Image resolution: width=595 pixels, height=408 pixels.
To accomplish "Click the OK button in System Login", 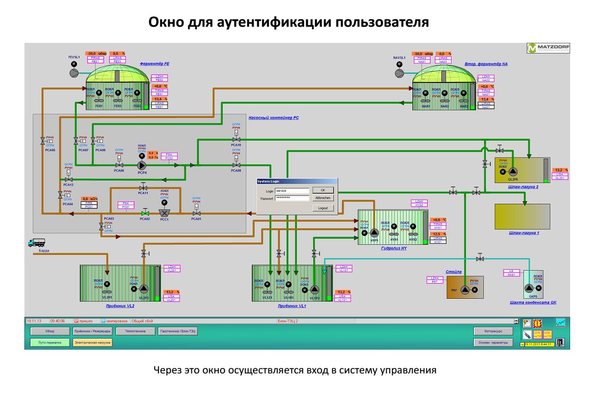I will tap(323, 189).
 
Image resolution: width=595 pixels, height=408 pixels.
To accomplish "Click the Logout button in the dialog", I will tap(323, 208).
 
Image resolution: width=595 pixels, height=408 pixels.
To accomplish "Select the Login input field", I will tap(292, 190).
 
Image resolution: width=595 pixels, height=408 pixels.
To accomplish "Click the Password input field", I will tap(292, 198).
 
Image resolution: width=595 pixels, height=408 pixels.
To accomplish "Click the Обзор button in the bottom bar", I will tap(50, 331).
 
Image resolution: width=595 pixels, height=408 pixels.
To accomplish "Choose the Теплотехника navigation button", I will tap(133, 331).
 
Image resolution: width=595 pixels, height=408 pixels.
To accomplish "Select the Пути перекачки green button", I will tap(46, 343).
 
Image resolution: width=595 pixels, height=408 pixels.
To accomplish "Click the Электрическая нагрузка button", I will tap(93, 343).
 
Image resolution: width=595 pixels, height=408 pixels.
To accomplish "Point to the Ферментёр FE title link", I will tap(155, 64).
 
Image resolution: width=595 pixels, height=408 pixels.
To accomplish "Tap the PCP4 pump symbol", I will tap(142, 166).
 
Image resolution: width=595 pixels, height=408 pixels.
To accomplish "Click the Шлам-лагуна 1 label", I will tap(524, 233).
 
